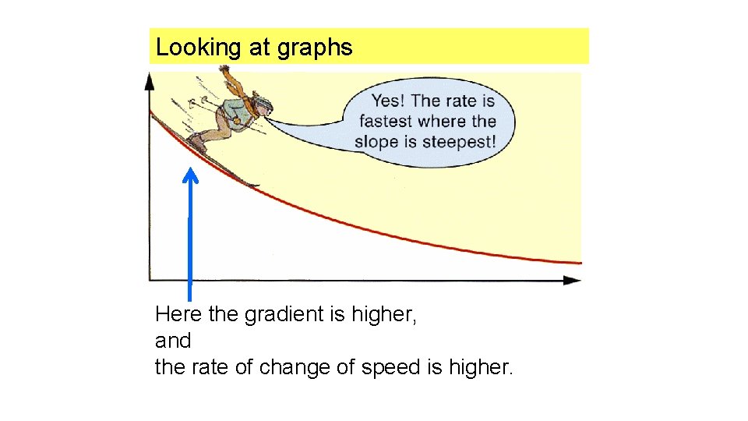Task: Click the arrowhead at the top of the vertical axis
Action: click(x=150, y=79)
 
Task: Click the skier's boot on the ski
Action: click(x=197, y=143)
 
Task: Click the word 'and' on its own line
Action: click(x=173, y=341)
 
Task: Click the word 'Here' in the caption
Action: click(x=178, y=315)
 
